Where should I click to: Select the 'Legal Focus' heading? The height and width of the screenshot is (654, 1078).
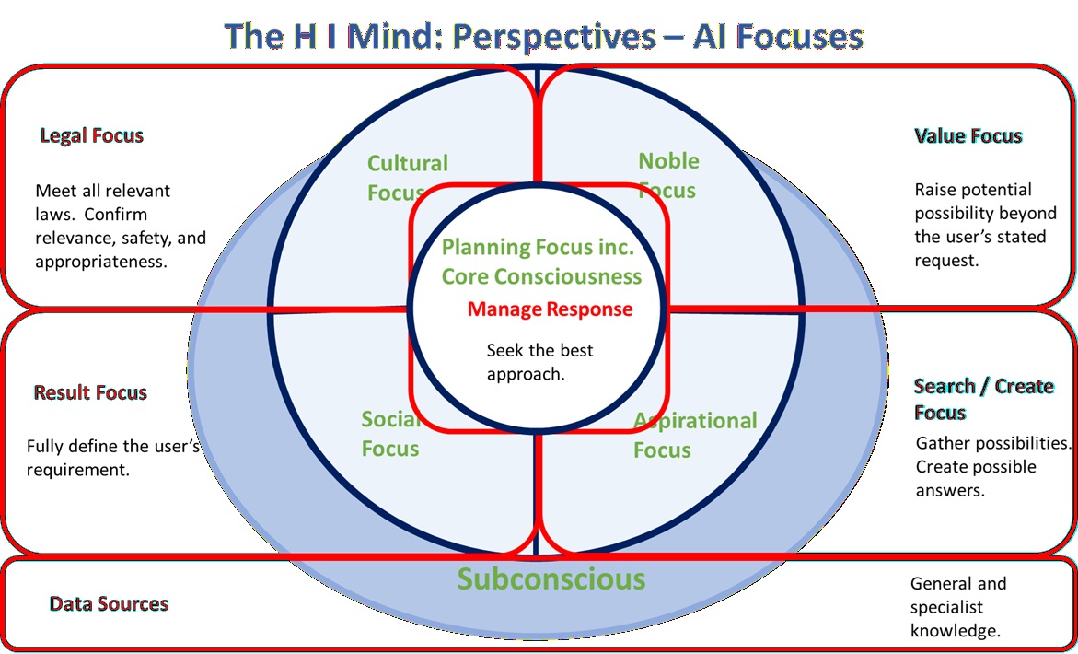92,136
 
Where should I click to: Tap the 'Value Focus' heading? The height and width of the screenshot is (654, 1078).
968,136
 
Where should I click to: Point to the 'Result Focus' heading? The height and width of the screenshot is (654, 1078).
90,393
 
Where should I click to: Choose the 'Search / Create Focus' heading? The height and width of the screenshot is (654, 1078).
983,399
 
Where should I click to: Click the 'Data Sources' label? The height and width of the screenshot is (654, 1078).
109,604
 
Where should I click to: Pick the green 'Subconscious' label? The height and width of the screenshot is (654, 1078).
551,578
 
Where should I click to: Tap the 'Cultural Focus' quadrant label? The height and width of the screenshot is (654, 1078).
407,177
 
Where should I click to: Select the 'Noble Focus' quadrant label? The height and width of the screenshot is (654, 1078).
668,175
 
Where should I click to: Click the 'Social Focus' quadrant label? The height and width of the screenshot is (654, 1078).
391,434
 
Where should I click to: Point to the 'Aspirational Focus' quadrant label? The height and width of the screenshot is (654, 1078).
694,435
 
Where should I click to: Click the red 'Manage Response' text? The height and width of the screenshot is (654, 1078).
550,309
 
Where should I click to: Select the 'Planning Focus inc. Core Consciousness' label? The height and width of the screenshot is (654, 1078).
541,262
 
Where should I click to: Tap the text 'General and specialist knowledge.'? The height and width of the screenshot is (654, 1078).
957,607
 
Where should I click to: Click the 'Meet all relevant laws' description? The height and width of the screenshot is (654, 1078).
120,227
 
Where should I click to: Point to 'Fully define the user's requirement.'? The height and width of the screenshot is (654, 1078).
112,458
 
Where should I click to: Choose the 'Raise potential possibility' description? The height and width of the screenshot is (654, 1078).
984,225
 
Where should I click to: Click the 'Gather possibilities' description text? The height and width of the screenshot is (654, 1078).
992,466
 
